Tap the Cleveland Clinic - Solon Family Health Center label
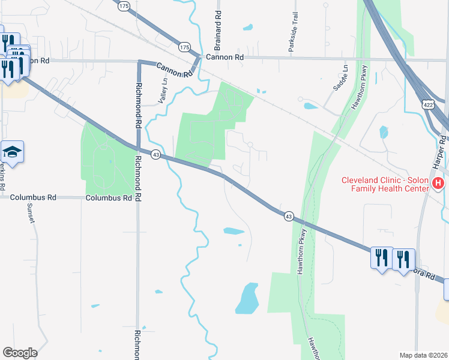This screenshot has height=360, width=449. click(384, 184)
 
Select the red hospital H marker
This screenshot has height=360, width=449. click(439, 184)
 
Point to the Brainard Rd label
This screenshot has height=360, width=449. click(218, 29)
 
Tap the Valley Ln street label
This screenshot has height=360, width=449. click(162, 91)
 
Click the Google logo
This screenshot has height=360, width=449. click(20, 352)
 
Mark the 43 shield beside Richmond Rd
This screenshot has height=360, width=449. click(155, 155)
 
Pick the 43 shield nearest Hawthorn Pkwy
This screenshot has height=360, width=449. click(289, 216)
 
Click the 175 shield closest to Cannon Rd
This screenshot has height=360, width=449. click(184, 46)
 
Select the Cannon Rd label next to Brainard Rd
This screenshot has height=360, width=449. click(224, 58)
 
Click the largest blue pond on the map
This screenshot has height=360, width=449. click(247, 298)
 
